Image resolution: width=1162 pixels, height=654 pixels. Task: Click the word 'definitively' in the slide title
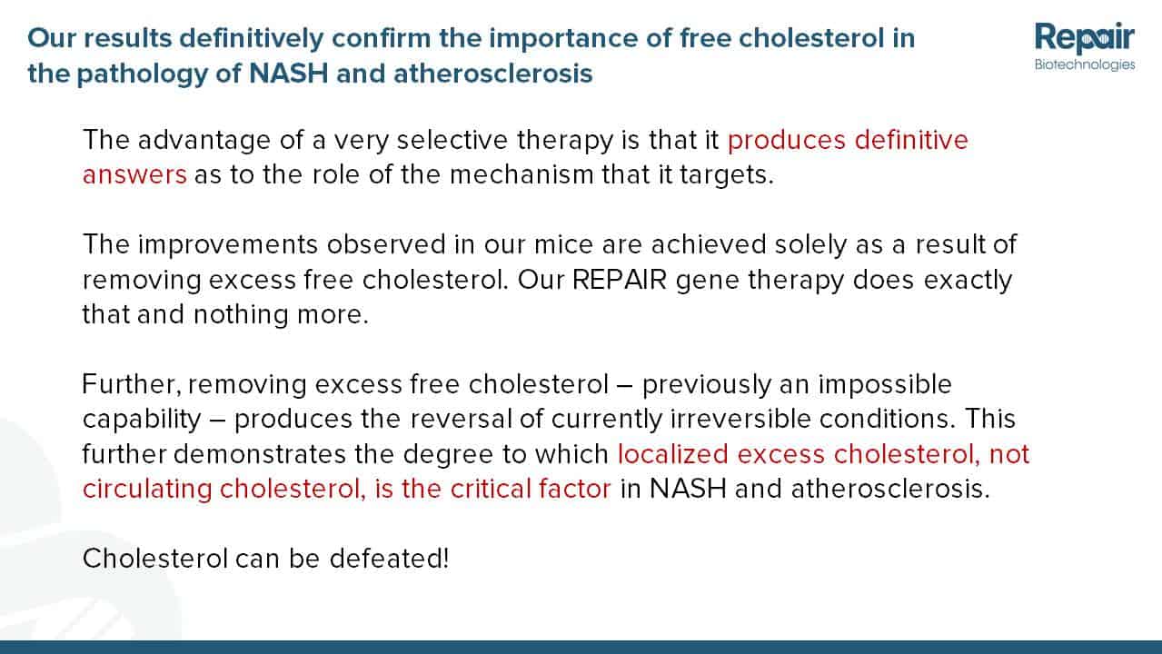tap(252, 39)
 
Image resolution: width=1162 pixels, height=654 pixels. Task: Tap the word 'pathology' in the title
tap(142, 74)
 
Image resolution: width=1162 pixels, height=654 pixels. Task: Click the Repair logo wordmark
tap(1085, 38)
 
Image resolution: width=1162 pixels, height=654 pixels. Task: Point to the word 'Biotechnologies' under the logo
tap(1085, 64)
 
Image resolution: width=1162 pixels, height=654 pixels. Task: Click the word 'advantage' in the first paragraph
tap(204, 141)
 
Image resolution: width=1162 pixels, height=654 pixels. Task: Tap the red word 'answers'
tap(134, 174)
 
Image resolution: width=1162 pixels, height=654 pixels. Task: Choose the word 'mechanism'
tap(521, 174)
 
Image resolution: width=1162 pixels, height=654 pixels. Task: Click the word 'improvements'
tap(228, 245)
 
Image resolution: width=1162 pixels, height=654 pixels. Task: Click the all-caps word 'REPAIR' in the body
tap(620, 280)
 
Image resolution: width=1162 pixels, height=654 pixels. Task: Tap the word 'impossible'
tap(885, 385)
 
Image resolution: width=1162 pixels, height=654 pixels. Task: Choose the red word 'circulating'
tap(147, 490)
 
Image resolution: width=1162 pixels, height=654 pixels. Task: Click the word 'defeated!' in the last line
tap(390, 560)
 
